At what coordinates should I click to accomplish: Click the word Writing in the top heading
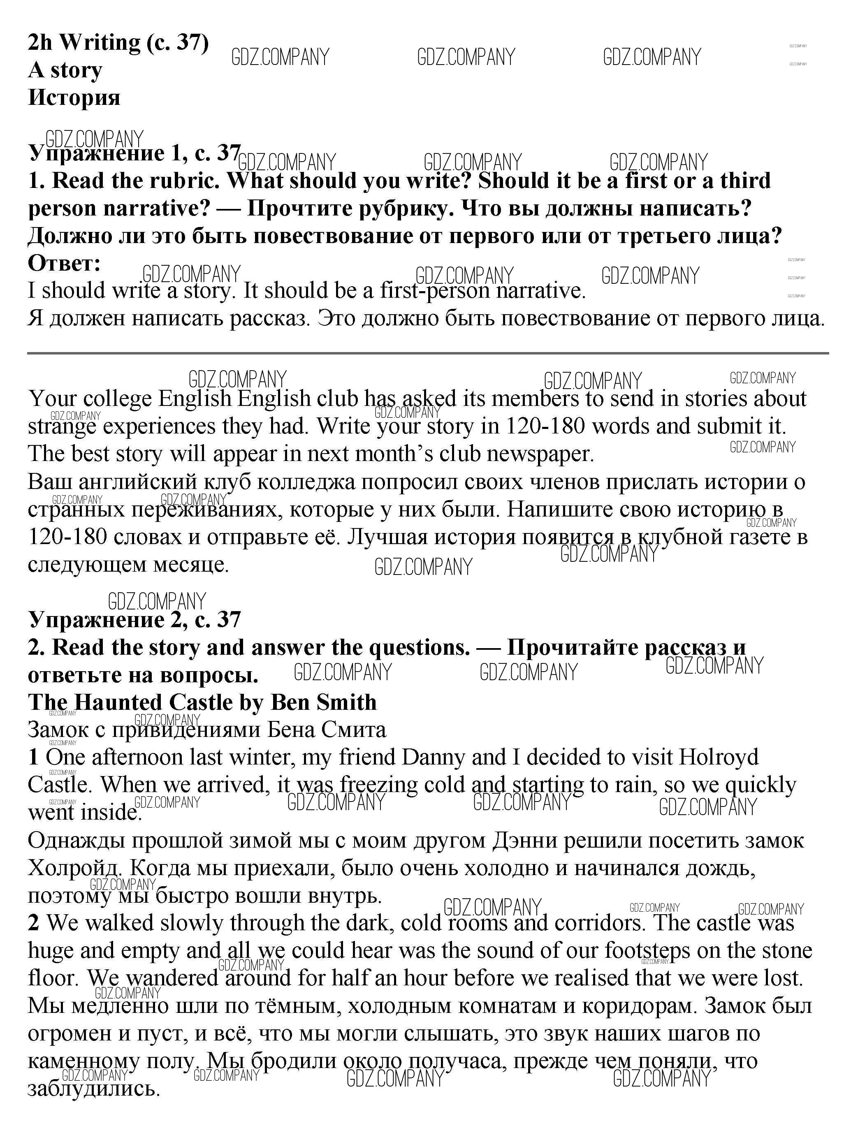pyautogui.click(x=100, y=42)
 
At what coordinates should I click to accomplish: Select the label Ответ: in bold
pyautogui.click(x=64, y=263)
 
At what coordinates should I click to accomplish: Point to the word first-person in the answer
pyautogui.click(x=434, y=291)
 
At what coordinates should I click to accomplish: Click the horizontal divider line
pyautogui.click(x=427, y=353)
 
